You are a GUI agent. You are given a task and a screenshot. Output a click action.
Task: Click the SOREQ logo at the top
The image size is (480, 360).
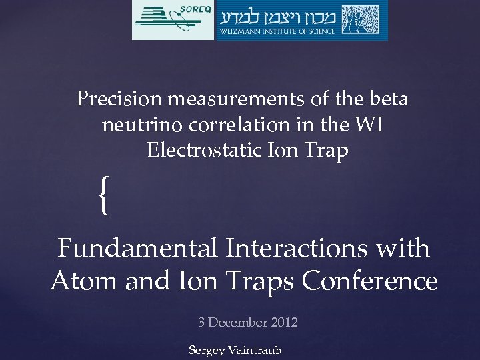tap(173, 20)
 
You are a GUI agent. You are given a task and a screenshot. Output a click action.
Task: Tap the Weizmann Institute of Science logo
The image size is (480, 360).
tap(301, 20)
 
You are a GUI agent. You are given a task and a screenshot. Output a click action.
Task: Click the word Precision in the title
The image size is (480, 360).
tap(119, 99)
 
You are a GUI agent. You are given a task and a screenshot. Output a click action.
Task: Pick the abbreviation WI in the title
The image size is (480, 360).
tap(367, 125)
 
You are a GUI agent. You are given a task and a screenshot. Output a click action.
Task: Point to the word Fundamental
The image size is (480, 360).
tap(137, 249)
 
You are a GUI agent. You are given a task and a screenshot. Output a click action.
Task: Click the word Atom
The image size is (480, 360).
tap(82, 281)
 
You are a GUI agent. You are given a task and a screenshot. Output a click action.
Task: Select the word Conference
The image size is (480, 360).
tap(370, 281)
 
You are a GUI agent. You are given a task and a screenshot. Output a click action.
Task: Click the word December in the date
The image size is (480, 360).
tap(239, 323)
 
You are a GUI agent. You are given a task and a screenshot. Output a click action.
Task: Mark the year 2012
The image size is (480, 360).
tap(285, 323)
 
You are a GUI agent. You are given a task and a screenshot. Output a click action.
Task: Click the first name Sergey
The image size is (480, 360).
tap(207, 350)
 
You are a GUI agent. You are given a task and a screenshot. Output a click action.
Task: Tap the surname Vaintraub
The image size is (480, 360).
tap(255, 350)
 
